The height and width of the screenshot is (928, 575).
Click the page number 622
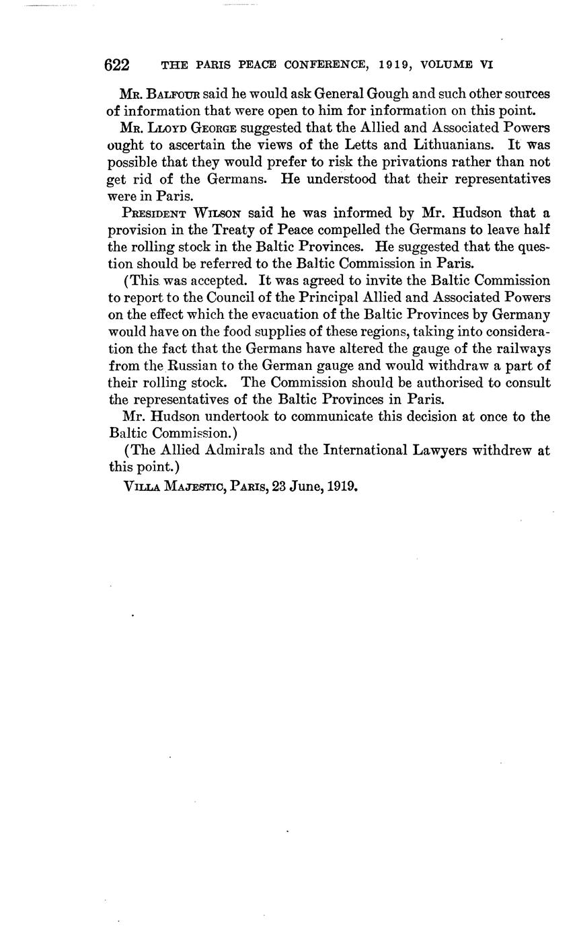pyautogui.click(x=117, y=65)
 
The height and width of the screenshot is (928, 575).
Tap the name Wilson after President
pyautogui.click(x=218, y=213)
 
